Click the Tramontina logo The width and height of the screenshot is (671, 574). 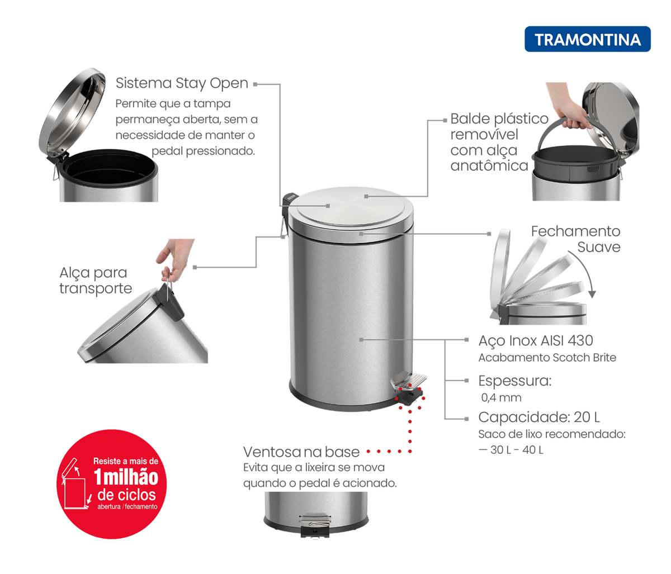(x=587, y=39)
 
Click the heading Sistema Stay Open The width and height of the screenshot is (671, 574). (x=182, y=83)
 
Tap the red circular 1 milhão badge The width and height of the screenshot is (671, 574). (x=112, y=484)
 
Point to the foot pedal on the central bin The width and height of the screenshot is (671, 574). (x=409, y=379)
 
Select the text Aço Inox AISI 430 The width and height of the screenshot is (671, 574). (x=536, y=341)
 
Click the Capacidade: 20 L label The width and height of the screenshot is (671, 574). (x=539, y=418)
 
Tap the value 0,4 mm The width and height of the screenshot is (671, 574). (x=501, y=397)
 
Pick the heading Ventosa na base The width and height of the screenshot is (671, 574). (x=301, y=452)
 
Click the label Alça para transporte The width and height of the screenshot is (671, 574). (x=96, y=281)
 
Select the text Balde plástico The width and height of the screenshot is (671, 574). (x=499, y=118)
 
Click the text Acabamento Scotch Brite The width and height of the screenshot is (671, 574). (x=547, y=358)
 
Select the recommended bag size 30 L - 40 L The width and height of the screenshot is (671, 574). (x=511, y=450)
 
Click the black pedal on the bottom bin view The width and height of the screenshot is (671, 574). (x=315, y=531)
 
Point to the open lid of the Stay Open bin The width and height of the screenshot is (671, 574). (x=72, y=110)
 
